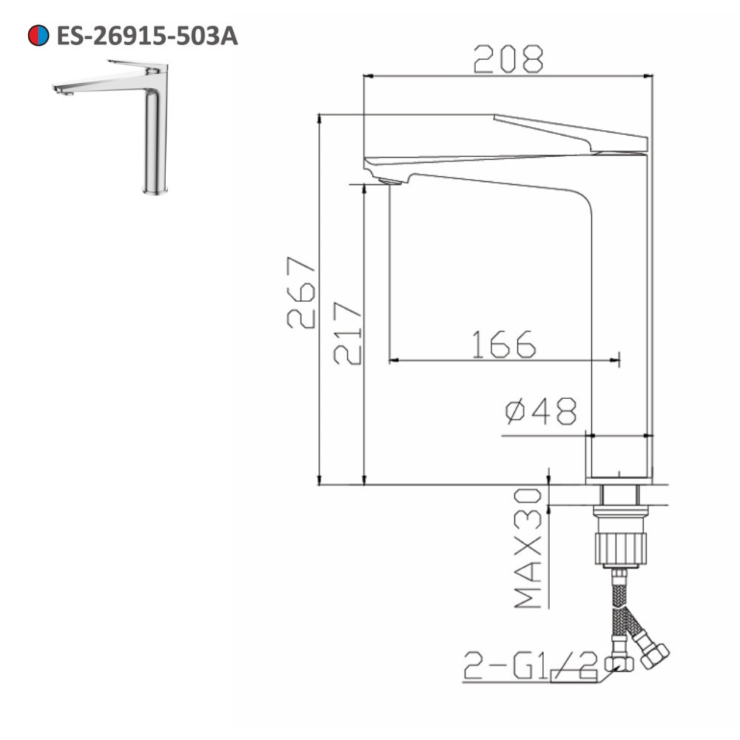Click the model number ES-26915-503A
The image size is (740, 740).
[147, 36]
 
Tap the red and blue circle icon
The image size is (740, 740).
[38, 36]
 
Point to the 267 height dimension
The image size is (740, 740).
[301, 292]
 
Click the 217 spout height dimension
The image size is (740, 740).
[347, 333]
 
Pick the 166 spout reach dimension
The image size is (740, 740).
[504, 344]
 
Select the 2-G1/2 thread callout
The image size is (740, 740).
[529, 665]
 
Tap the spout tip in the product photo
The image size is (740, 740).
[60, 90]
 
